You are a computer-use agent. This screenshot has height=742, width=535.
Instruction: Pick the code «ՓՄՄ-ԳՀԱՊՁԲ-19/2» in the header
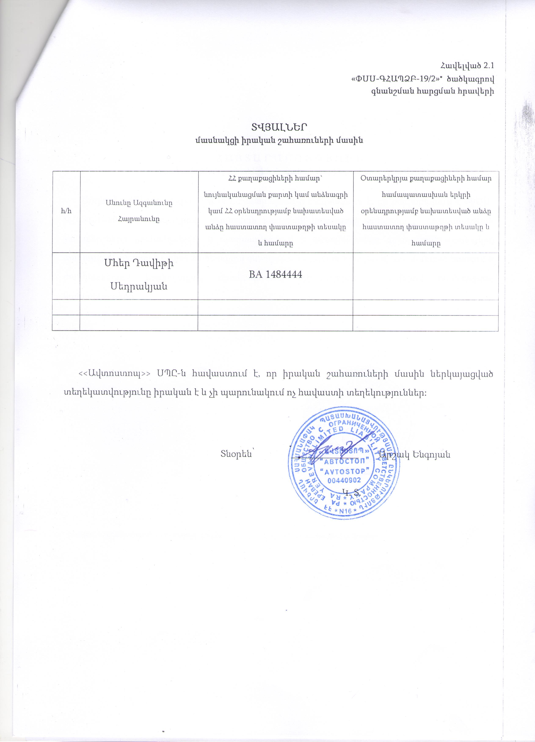(x=392, y=79)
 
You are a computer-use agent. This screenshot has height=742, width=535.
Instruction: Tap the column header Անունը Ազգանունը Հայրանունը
(x=139, y=211)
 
